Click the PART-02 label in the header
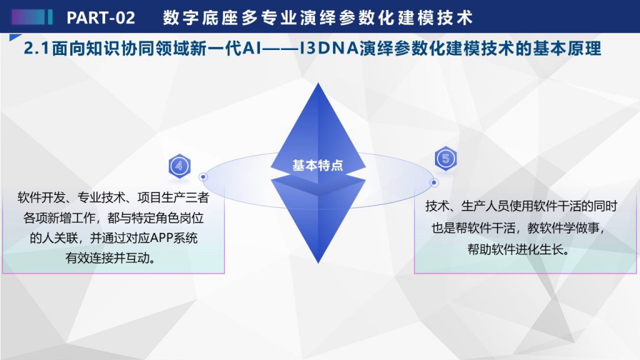pyautogui.click(x=101, y=17)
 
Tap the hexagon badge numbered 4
pyautogui.click(x=179, y=166)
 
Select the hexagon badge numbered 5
pyautogui.click(x=445, y=158)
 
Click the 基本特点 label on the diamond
pyautogui.click(x=317, y=165)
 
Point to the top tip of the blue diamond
pyautogui.click(x=318, y=83)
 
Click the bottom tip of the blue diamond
pyautogui.click(x=318, y=263)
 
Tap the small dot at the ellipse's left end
pyautogui.click(x=203, y=177)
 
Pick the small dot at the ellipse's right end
pyautogui.click(x=434, y=182)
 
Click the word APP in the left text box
pyautogui.click(x=162, y=237)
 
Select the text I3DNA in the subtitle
pyautogui.click(x=329, y=49)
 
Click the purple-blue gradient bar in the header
pyautogui.click(x=32, y=17)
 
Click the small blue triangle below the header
pyautogui.click(x=15, y=37)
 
